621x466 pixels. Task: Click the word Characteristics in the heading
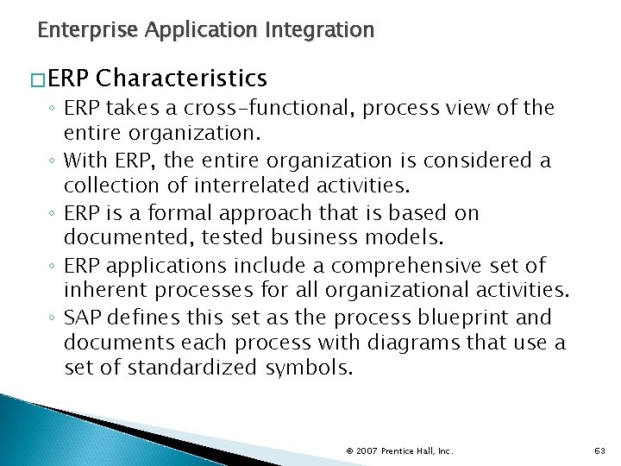pyautogui.click(x=182, y=79)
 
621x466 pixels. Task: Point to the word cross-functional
pyautogui.click(x=279, y=108)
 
